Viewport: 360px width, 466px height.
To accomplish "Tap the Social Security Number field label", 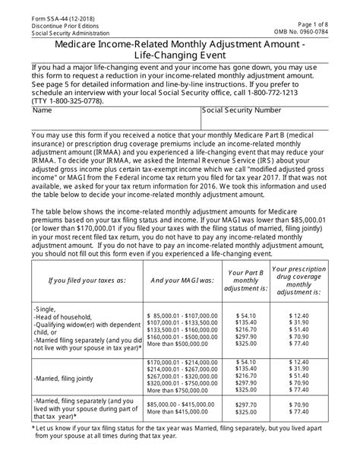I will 248,110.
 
